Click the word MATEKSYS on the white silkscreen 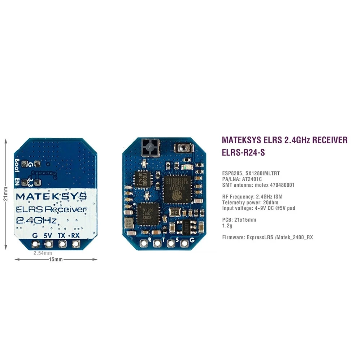point(51,196)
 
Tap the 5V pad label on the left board point(48,235)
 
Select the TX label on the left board point(62,235)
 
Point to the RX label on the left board point(75,235)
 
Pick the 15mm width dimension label point(56,259)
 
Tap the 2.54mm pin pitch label point(42,253)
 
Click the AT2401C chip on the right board point(142,179)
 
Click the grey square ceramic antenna point(149,147)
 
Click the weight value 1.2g point(227,225)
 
